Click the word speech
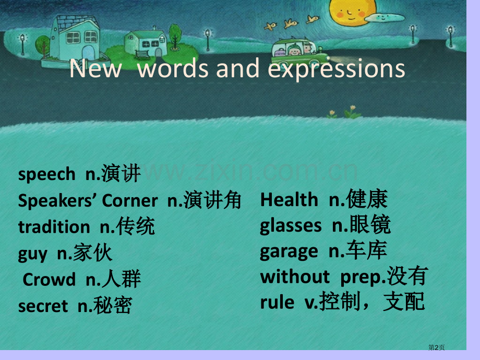47,174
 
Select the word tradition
54,227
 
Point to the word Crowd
49,280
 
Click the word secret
43,306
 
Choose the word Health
289,200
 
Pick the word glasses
291,226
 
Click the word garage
289,252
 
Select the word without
295,277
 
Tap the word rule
278,302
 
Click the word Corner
130,201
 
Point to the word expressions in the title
337,69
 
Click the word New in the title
95,68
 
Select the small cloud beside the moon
385,18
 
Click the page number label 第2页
436,347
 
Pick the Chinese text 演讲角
212,200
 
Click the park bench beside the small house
142,55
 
